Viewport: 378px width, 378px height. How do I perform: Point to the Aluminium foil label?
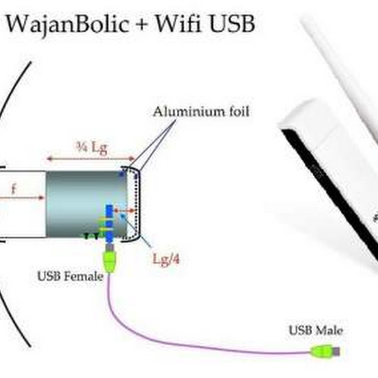coord(201,112)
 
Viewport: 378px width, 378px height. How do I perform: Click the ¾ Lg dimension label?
coord(91,147)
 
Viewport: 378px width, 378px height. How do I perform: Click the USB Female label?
coord(70,276)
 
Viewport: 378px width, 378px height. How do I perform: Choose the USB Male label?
coord(315,330)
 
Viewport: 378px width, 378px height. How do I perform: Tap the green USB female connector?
coord(110,260)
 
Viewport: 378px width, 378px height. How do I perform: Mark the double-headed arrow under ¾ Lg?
coord(91,159)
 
